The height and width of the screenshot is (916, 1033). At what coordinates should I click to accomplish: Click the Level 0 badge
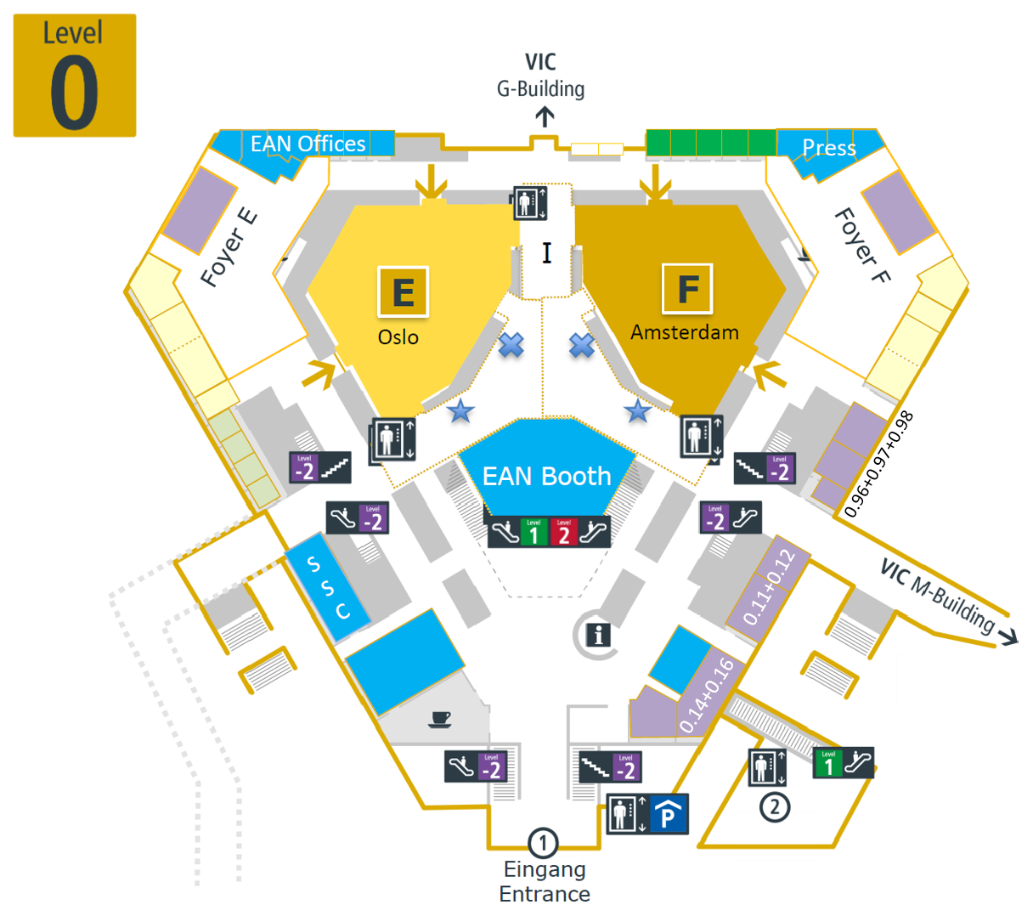75,76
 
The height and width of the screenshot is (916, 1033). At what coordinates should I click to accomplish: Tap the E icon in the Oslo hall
403,291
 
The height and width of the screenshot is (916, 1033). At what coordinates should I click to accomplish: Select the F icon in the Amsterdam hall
687,289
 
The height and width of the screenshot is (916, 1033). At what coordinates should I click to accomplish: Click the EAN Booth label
546,477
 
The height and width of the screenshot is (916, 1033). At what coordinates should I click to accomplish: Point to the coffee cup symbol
440,720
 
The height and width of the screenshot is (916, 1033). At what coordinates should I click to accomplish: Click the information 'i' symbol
599,634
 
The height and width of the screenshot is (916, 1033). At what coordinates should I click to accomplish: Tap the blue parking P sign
669,816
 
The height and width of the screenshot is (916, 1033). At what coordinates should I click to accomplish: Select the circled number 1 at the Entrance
543,844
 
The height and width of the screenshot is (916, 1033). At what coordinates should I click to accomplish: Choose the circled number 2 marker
774,806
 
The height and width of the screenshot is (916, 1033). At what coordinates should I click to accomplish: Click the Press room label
829,148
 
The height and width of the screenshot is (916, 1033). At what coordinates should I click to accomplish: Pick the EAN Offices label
308,144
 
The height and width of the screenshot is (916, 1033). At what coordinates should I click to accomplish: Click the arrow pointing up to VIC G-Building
545,117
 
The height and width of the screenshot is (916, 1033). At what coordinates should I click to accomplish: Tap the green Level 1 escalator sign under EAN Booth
533,533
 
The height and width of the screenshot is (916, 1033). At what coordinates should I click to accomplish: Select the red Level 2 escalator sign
563,533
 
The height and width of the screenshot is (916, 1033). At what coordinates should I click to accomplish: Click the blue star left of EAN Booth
460,411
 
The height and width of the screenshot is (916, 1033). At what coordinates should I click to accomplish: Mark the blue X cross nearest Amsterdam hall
581,345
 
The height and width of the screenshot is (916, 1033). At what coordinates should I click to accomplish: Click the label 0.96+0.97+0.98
878,464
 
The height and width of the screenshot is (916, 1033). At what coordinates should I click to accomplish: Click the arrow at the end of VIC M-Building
1008,636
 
